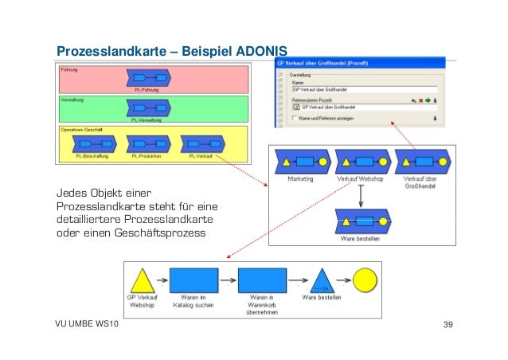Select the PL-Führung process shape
150,78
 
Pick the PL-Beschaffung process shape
92,144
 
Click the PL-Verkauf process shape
201,144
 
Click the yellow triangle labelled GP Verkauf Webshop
141,280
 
